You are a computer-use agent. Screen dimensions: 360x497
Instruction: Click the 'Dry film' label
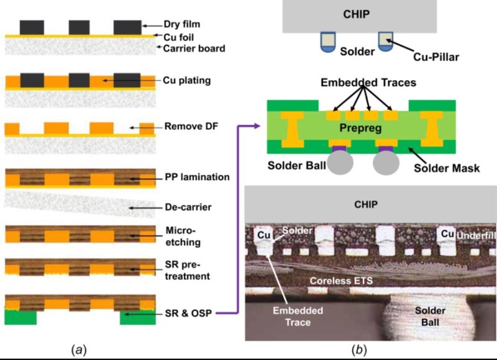(185, 25)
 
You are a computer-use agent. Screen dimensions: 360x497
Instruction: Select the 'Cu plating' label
(186, 80)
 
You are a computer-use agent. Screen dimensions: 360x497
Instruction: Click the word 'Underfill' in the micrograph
(475, 236)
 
